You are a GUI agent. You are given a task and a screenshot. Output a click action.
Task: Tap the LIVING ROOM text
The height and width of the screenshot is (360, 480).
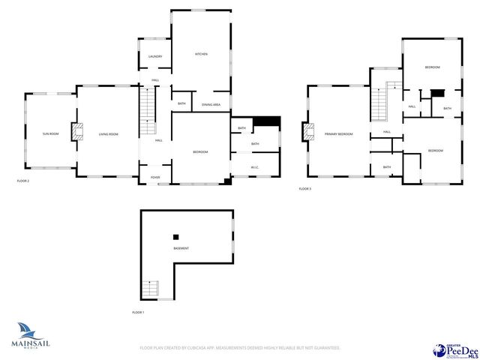(x=109, y=134)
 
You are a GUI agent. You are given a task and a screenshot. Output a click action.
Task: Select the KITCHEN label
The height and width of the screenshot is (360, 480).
(x=201, y=54)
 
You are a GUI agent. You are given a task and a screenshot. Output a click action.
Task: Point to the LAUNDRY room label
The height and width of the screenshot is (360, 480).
(x=155, y=57)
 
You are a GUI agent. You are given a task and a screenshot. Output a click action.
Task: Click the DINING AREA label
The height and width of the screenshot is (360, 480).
(x=211, y=104)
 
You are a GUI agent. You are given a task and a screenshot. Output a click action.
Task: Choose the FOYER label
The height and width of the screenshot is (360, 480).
(x=155, y=178)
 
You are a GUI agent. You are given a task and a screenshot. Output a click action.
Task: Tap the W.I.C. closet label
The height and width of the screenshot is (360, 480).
(x=254, y=167)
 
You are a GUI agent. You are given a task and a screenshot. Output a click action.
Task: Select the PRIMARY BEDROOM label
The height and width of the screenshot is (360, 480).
(x=338, y=134)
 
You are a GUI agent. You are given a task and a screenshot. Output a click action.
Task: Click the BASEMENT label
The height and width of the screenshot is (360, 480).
(x=181, y=248)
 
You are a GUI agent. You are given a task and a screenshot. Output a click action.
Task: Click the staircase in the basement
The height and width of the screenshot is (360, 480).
(x=151, y=289)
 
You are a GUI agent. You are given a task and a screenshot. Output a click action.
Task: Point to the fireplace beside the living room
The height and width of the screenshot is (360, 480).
(x=76, y=133)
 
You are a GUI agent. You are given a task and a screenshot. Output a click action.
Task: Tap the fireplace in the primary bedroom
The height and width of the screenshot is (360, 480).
(x=307, y=133)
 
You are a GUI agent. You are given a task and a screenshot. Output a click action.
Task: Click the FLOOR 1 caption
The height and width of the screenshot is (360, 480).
(x=138, y=312)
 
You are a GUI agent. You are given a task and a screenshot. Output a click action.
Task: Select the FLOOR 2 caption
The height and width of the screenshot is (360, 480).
(x=23, y=181)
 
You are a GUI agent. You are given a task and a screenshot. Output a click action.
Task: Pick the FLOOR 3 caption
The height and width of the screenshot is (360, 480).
(x=304, y=188)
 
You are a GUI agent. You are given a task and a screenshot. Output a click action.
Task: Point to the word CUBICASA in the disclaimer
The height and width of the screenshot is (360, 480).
(x=209, y=348)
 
